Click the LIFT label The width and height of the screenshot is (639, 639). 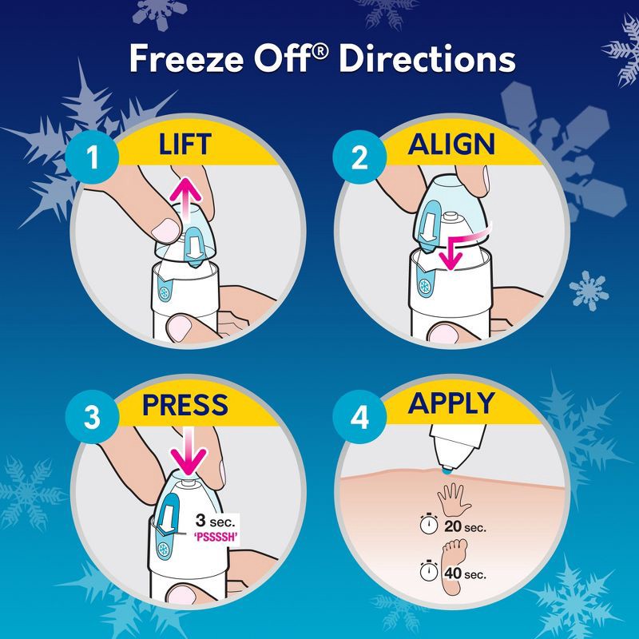[x=185, y=144]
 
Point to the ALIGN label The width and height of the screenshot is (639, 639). [x=452, y=144]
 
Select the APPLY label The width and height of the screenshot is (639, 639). [x=452, y=405]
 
